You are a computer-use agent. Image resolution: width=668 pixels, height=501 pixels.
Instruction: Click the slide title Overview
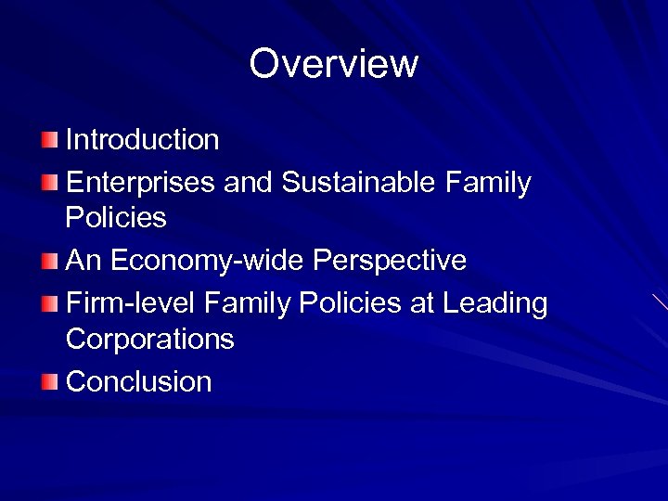pos(334,64)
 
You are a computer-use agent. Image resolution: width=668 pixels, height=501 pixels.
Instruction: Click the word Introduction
pos(142,140)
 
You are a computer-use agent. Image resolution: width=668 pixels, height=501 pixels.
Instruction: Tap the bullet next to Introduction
pos(50,140)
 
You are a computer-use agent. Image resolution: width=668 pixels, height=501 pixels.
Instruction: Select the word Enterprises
pos(140,183)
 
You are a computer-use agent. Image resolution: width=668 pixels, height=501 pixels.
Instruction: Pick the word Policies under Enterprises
pos(116,219)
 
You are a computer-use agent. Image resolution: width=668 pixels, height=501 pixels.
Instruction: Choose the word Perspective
pos(390,261)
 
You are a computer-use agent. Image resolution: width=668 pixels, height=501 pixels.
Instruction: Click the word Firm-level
pos(131,303)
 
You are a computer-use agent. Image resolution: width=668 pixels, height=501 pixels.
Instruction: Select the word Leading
pos(495,303)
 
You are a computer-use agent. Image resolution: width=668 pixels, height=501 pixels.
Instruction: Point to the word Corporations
pos(149,340)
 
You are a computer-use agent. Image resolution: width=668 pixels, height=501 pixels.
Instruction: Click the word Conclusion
pos(139,381)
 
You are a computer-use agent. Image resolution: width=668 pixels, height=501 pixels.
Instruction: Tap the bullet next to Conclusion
pos(50,381)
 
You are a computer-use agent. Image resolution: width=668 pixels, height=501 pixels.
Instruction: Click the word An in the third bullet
pos(83,261)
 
